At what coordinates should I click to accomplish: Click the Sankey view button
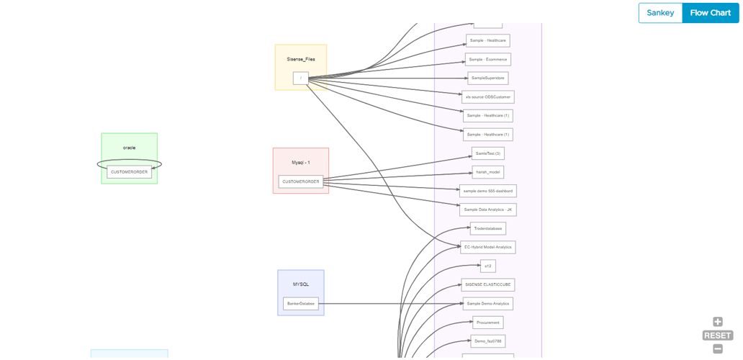tap(660, 13)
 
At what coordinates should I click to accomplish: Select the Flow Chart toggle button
tap(710, 13)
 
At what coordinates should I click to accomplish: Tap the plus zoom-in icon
tap(718, 322)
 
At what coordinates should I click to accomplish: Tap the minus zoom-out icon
tap(718, 349)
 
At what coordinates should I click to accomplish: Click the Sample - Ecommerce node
tap(487, 60)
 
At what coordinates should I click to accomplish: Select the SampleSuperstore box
tap(487, 78)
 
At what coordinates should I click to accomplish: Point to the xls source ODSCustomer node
tap(488, 96)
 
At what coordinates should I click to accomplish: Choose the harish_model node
tap(488, 172)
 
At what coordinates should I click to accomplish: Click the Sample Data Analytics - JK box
tap(488, 210)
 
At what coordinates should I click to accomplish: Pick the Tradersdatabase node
tap(488, 228)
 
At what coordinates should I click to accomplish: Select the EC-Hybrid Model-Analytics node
tap(488, 247)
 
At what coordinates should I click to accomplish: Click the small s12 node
tap(487, 266)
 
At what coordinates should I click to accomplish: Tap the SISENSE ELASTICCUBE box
tap(488, 284)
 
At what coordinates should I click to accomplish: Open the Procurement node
tap(488, 323)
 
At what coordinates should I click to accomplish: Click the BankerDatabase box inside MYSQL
tap(301, 304)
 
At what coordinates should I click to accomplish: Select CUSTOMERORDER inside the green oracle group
tap(130, 172)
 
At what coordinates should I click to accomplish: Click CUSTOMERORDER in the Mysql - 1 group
tap(301, 181)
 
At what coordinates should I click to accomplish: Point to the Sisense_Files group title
tap(301, 59)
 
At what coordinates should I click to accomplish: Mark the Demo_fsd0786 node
tap(488, 341)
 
